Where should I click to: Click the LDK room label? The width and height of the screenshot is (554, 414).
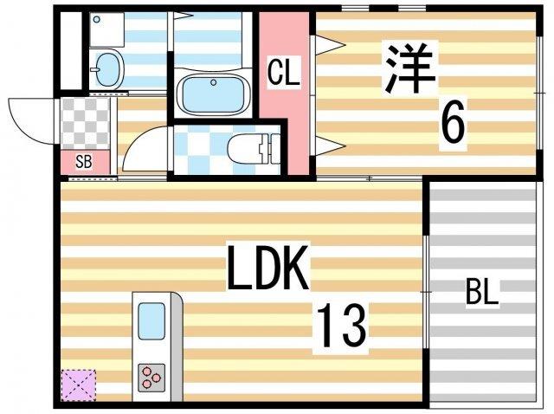click(268, 271)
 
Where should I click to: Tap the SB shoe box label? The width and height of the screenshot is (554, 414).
click(84, 161)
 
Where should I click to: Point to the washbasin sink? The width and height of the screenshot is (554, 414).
click(106, 68)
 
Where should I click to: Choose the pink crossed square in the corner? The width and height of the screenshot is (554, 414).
click(79, 384)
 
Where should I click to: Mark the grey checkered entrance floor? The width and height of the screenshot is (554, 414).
click(86, 125)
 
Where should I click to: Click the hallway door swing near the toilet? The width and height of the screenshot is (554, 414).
click(142, 151)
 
